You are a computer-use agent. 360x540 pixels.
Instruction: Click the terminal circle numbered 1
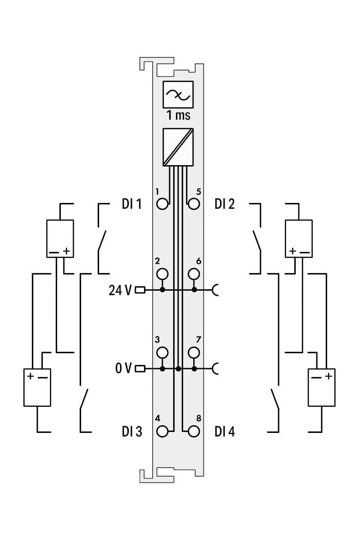(x=162, y=204)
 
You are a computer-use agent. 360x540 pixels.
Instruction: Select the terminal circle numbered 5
(x=193, y=204)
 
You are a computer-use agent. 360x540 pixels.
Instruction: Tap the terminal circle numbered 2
(x=162, y=274)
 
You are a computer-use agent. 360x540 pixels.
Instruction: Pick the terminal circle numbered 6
(x=193, y=274)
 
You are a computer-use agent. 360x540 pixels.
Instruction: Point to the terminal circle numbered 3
(x=162, y=353)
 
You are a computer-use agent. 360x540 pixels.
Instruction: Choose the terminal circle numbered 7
(x=193, y=353)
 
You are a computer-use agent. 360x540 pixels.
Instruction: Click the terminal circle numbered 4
(x=162, y=431)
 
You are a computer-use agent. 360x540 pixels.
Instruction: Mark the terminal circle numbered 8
(x=193, y=431)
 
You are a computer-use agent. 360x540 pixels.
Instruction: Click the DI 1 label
(x=131, y=204)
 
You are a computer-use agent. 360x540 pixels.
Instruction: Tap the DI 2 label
(x=225, y=204)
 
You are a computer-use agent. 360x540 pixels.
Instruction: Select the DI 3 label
(x=132, y=432)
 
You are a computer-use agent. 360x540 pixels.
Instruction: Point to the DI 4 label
(x=225, y=432)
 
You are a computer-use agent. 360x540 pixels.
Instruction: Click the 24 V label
(x=120, y=290)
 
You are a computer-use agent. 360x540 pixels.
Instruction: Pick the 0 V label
(x=123, y=369)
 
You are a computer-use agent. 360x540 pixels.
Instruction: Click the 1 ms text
(x=179, y=115)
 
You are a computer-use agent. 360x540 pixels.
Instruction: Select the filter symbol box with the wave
(x=178, y=94)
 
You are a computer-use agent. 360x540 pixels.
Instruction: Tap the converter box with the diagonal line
(x=178, y=147)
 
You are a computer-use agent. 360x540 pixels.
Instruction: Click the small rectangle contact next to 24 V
(x=140, y=290)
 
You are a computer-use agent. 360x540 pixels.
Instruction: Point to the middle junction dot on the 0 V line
(x=178, y=369)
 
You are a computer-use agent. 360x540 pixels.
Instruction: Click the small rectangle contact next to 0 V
(x=140, y=369)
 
